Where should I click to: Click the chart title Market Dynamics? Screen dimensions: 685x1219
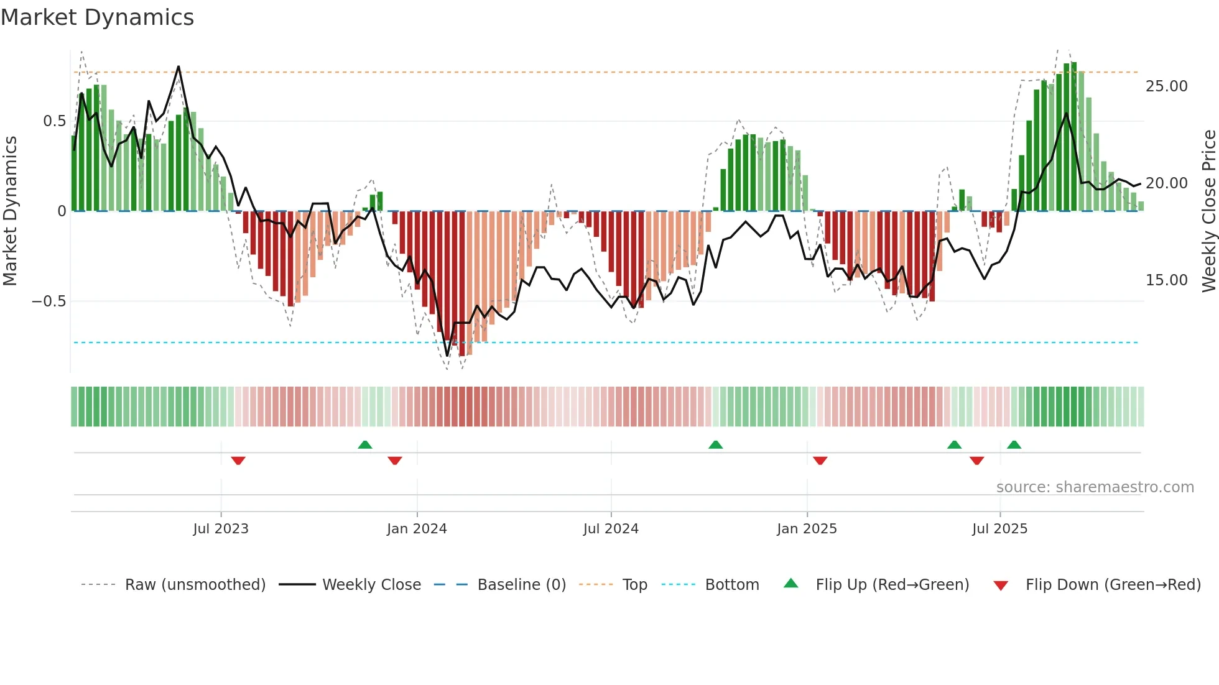[x=98, y=17]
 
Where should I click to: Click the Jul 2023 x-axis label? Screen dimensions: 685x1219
[x=220, y=529]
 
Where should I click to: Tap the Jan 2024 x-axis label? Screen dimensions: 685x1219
[x=417, y=529]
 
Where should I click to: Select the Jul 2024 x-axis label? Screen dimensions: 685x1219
[x=611, y=529]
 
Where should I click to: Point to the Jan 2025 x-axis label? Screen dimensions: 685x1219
[x=807, y=529]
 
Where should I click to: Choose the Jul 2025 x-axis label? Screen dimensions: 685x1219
[x=999, y=529]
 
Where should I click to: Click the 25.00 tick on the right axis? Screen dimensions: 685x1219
[x=1166, y=86]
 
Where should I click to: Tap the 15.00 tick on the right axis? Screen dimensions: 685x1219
[x=1166, y=280]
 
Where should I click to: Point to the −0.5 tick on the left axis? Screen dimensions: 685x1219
[x=49, y=301]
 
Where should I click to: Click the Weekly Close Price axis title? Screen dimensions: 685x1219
[x=1208, y=211]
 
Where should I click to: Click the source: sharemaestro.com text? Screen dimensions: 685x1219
[x=1095, y=487]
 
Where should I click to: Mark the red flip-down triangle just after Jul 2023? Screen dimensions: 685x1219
[x=238, y=461]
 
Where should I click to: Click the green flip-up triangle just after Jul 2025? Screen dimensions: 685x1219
[x=1014, y=444]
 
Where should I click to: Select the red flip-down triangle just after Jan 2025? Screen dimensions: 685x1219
[x=820, y=461]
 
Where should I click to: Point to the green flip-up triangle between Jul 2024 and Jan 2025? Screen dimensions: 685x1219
[x=715, y=444]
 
